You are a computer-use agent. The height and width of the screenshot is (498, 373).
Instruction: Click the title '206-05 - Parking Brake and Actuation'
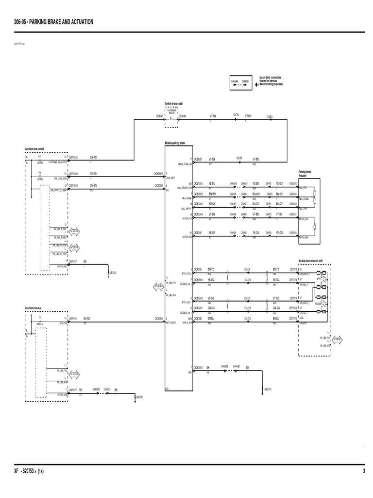pos(54,22)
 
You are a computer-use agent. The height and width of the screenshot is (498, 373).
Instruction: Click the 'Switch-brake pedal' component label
pos(174,104)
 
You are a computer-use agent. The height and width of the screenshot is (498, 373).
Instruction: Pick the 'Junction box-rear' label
pos(34,308)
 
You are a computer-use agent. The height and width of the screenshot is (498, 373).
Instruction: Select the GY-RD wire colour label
pos(93,157)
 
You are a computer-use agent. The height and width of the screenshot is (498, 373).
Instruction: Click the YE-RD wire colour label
pos(93,173)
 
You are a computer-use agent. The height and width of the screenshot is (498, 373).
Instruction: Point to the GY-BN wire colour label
pos(93,185)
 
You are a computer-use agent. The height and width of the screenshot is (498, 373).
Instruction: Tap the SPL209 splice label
pos(239,158)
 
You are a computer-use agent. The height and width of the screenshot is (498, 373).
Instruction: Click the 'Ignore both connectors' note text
pos(271,81)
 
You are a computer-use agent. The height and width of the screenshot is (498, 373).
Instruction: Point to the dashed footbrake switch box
pos(172,118)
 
